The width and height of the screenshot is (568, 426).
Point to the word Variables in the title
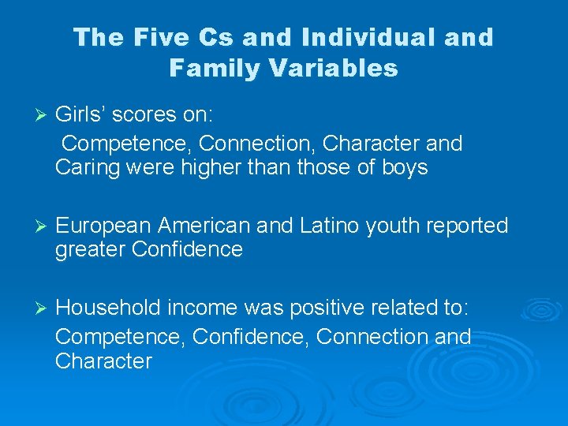(333, 68)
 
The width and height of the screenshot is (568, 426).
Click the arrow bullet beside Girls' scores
(33, 115)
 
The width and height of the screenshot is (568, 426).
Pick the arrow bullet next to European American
(33, 226)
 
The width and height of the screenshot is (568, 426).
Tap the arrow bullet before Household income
(33, 306)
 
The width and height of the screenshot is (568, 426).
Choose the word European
(103, 226)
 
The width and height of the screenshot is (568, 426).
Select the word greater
(90, 250)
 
